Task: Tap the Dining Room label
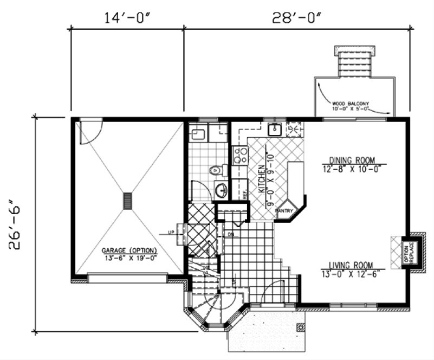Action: tap(352, 160)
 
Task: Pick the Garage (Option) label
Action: tap(129, 250)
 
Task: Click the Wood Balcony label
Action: tap(351, 102)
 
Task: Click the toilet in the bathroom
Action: tap(216, 170)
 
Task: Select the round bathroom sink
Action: tap(221, 190)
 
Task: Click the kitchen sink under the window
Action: tap(275, 129)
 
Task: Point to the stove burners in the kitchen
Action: tap(239, 156)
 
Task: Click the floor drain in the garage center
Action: tap(128, 201)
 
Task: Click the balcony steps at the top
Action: tap(354, 63)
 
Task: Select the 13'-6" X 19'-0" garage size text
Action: tap(129, 258)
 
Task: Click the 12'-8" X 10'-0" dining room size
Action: tap(352, 168)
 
